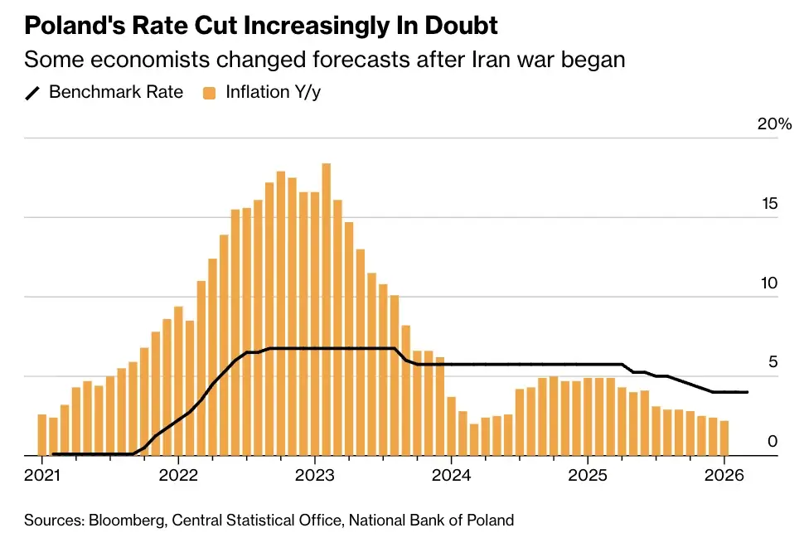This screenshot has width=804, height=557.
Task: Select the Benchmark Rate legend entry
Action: click(116, 92)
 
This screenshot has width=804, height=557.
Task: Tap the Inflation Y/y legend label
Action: click(274, 92)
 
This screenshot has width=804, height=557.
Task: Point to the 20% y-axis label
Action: click(774, 124)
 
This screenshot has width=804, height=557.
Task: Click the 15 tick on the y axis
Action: click(770, 204)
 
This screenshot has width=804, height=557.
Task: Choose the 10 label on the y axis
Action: click(770, 283)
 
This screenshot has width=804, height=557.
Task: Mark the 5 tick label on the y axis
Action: click(773, 362)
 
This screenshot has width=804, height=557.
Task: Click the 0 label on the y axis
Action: click(773, 442)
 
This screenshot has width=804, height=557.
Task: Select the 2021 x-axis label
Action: click(42, 477)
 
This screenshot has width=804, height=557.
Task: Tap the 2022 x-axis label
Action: click(178, 477)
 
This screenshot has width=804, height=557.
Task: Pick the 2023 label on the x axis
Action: click(315, 477)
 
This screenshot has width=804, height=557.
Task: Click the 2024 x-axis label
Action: click(451, 477)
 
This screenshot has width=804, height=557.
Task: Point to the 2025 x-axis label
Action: click(588, 477)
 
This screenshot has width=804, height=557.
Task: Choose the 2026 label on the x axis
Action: click(724, 477)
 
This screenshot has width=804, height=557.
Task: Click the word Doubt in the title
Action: click(460, 26)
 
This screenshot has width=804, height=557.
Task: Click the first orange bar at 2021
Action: click(42, 434)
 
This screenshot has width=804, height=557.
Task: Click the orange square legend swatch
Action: click(210, 93)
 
